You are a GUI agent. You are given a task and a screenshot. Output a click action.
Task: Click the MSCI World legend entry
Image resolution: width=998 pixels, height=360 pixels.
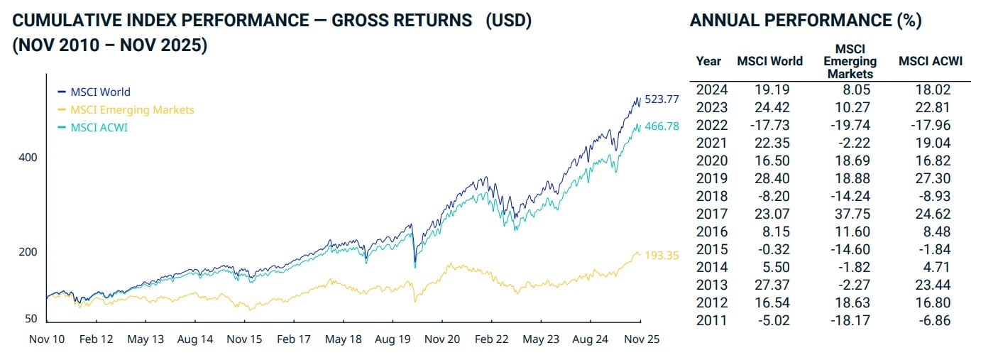[x=100, y=92]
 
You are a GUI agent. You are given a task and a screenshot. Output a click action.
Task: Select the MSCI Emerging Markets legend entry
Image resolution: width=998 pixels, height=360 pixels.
[x=131, y=109]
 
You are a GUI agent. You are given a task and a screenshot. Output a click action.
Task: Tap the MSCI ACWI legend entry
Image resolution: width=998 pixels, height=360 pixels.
[x=99, y=128]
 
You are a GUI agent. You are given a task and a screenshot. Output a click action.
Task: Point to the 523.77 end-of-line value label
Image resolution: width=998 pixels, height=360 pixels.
[x=662, y=99]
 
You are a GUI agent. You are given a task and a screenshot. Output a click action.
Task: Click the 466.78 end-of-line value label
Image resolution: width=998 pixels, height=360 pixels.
[x=662, y=126]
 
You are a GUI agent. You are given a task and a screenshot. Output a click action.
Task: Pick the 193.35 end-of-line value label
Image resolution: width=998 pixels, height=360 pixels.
[x=662, y=255]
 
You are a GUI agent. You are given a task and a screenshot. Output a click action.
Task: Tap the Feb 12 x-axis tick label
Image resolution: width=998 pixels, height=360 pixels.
[x=96, y=339]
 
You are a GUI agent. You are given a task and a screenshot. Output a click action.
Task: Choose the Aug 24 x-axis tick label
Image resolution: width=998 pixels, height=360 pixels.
[x=591, y=339]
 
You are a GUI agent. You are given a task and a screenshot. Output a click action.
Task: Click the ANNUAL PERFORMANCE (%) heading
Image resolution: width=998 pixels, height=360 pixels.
[x=806, y=21]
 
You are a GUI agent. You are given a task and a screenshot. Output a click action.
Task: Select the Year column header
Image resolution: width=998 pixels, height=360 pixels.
[x=708, y=61]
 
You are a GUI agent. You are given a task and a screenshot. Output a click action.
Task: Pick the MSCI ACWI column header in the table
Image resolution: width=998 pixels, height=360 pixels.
[x=930, y=61]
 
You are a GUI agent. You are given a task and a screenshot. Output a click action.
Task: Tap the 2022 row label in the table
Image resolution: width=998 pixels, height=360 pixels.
[x=711, y=125]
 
